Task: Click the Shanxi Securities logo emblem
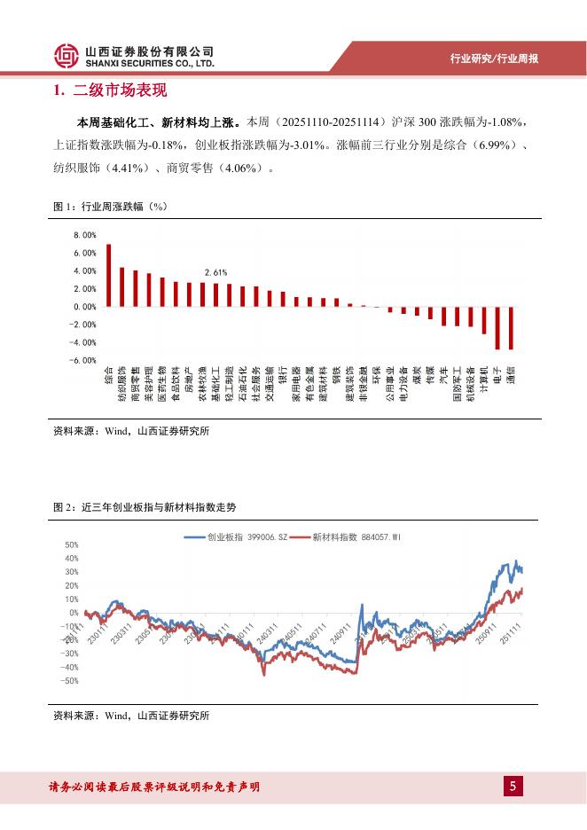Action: point(67,57)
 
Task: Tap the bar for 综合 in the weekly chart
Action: point(108,276)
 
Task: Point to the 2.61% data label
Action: point(215,272)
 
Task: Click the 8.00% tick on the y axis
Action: point(84,236)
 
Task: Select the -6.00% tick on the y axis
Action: point(84,360)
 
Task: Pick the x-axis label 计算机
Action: point(484,380)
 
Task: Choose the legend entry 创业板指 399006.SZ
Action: point(236,536)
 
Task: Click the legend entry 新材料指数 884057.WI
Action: point(345,536)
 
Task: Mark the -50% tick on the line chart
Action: point(71,681)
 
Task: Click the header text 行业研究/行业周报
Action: point(495,59)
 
